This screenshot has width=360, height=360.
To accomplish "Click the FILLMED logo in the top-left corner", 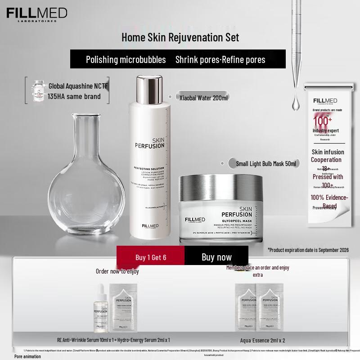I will (36, 13).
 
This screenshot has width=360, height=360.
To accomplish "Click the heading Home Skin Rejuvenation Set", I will (180, 37).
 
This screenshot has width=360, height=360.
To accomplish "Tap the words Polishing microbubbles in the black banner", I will (126, 59).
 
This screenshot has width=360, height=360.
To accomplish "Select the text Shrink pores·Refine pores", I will (220, 59).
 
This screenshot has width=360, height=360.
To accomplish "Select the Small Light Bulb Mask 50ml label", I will (266, 164).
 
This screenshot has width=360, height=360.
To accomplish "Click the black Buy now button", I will (216, 257).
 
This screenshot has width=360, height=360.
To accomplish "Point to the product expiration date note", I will (308, 250).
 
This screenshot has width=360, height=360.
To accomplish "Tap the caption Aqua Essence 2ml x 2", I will (259, 340).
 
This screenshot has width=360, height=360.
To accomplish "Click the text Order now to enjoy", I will (117, 271).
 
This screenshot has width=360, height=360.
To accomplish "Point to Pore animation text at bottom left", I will (27, 356).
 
